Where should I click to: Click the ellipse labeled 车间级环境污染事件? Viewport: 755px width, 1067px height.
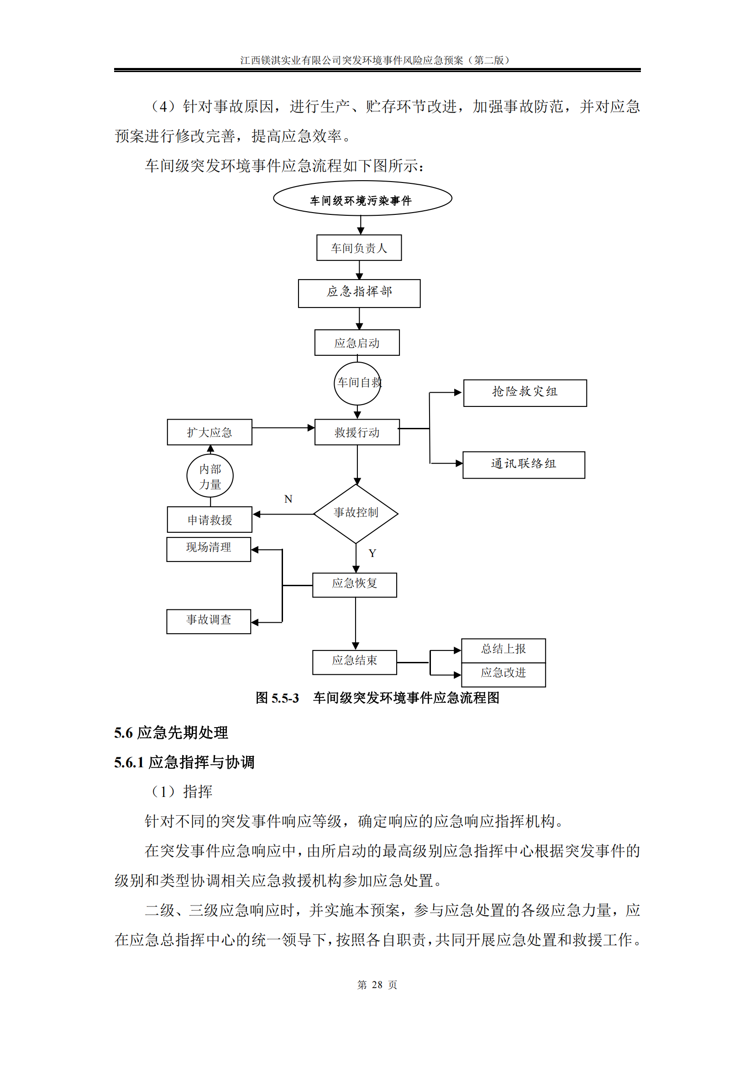tap(362, 198)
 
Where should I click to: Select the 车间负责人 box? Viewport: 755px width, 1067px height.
tap(359, 248)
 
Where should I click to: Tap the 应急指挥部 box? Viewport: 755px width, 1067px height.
tap(359, 293)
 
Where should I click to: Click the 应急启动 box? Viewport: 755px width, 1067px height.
tap(357, 343)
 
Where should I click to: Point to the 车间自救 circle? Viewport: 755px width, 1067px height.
tap(357, 383)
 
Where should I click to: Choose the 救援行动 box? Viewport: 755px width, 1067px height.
tap(357, 432)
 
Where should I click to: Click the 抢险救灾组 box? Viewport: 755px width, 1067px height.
tap(525, 393)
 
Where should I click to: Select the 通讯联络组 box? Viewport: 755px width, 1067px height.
tap(524, 465)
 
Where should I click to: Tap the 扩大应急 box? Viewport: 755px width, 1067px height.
tap(209, 432)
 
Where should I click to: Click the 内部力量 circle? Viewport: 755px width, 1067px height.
tap(210, 476)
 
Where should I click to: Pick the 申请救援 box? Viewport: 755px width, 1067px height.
tap(209, 520)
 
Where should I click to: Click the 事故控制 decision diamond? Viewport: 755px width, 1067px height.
tap(356, 514)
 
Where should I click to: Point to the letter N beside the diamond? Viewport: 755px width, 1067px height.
tap(288, 499)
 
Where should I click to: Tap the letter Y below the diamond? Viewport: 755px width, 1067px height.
tap(372, 553)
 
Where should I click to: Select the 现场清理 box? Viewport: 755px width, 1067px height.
tap(208, 549)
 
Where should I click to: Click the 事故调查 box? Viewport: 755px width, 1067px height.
tap(208, 621)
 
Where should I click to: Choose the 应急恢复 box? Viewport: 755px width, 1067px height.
tap(354, 585)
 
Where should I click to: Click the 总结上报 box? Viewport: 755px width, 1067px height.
tap(503, 650)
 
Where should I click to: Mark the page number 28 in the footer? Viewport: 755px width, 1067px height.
tap(377, 985)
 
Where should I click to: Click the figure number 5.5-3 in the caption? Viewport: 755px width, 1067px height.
tap(285, 698)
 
